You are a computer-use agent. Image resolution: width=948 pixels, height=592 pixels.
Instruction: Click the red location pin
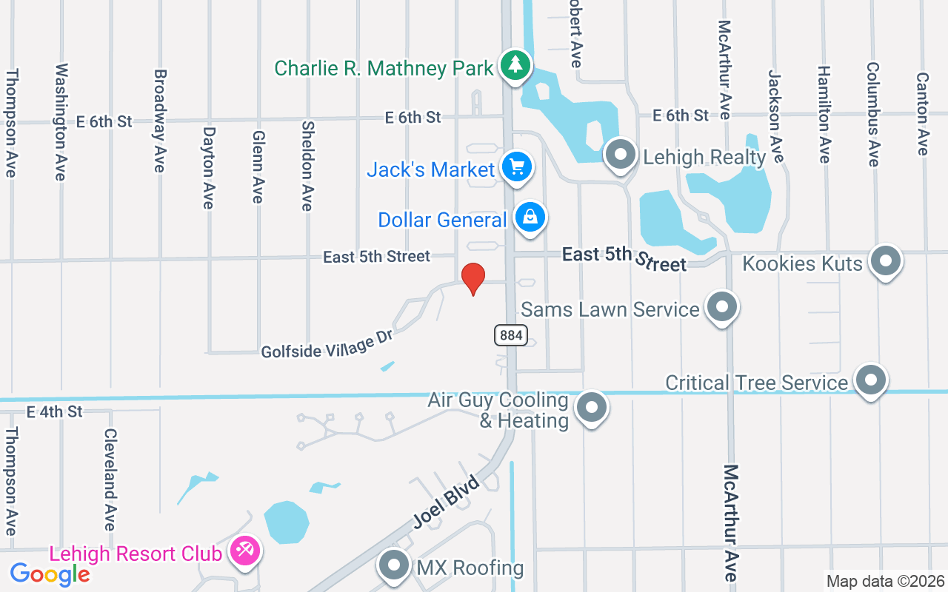tap(473, 278)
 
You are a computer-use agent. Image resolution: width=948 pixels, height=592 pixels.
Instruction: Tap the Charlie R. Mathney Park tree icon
tap(515, 65)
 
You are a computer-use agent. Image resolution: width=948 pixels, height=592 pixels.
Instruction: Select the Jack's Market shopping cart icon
tap(516, 167)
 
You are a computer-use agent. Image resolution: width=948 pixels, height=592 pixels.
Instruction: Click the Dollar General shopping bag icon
tap(530, 218)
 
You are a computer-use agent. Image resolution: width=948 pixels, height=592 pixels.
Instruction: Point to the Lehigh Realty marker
tap(621, 155)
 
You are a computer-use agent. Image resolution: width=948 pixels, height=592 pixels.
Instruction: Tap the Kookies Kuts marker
tap(885, 261)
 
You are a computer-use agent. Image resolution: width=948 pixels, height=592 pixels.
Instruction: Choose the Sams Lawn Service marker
tap(721, 306)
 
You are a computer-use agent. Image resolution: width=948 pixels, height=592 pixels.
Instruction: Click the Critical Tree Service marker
tap(870, 380)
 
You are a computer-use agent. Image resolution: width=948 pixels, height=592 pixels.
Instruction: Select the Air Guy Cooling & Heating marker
tap(591, 408)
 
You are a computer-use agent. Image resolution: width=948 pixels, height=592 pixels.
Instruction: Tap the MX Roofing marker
tap(394, 566)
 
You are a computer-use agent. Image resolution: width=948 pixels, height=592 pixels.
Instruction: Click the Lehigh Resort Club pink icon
tap(243, 551)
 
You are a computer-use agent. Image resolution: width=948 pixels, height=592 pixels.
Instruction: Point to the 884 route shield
tap(510, 335)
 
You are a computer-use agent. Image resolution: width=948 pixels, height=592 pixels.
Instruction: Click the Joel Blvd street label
tap(446, 502)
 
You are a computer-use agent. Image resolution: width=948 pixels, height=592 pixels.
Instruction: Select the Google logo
tap(50, 573)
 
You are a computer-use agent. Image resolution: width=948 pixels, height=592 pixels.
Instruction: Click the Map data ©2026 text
tap(885, 581)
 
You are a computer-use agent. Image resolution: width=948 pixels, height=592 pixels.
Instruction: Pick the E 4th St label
tap(54, 411)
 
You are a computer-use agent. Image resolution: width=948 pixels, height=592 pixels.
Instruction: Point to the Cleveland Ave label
tap(110, 480)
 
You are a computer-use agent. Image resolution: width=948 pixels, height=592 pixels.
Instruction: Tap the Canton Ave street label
tap(922, 113)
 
